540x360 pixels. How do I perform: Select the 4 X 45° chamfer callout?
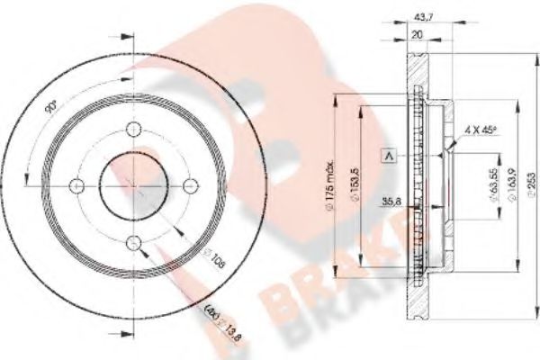482,131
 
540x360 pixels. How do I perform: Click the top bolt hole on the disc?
133,128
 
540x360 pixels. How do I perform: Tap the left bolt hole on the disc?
76,185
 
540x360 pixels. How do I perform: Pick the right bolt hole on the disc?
190,184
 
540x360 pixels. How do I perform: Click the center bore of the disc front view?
133,184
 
